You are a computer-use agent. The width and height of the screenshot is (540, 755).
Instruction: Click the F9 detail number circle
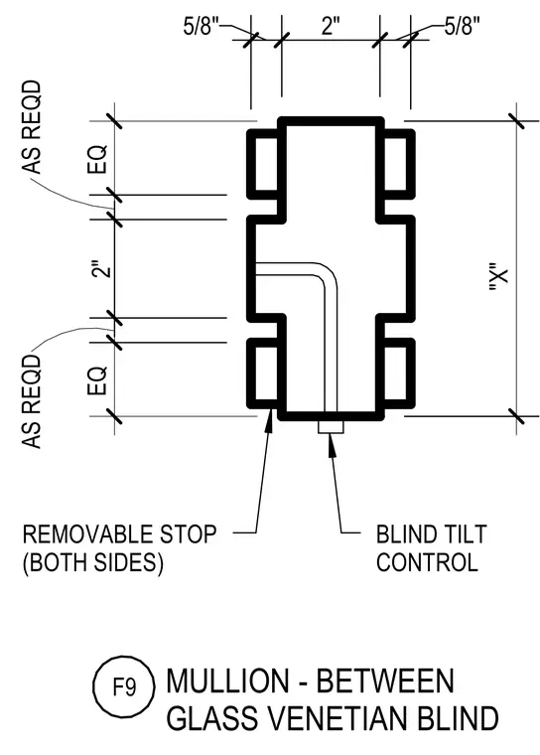(x=124, y=686)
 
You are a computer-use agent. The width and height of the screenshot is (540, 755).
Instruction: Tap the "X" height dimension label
(x=497, y=277)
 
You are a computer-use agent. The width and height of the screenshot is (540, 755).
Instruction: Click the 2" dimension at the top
(x=331, y=25)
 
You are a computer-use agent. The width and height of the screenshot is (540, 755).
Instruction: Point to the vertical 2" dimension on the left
(x=101, y=269)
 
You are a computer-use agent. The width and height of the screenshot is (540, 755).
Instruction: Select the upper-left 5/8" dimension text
(x=202, y=26)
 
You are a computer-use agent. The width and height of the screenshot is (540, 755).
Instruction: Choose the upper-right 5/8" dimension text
(x=462, y=26)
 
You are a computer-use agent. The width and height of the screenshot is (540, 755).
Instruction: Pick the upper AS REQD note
(x=32, y=126)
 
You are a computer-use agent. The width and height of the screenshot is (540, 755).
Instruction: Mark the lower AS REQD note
(x=32, y=401)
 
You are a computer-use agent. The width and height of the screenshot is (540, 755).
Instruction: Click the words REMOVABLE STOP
(x=119, y=534)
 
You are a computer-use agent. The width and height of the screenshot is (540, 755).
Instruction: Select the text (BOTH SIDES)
(x=93, y=562)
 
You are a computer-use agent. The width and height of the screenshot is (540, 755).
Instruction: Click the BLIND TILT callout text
(x=432, y=534)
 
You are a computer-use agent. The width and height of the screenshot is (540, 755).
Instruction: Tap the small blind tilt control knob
(x=331, y=426)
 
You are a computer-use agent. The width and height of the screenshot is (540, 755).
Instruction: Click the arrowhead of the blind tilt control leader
(x=331, y=443)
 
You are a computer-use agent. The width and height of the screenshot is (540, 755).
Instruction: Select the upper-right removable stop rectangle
(x=399, y=164)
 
